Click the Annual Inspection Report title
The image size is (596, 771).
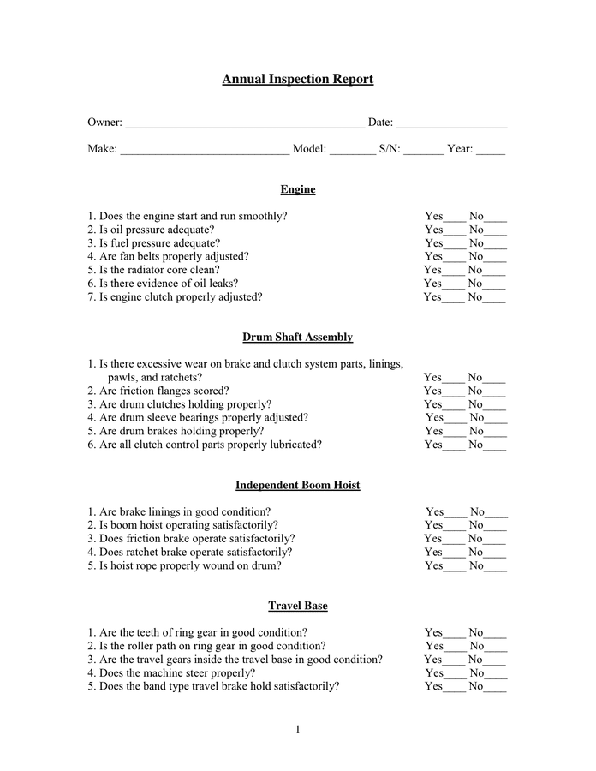(x=297, y=80)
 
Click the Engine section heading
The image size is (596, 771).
(x=297, y=189)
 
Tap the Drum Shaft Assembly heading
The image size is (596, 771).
(x=297, y=338)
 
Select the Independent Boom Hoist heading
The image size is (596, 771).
(x=297, y=485)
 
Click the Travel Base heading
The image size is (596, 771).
(x=297, y=606)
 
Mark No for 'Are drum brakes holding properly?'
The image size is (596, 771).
(x=496, y=433)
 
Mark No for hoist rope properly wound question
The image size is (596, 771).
(x=496, y=567)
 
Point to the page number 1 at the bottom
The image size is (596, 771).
(x=298, y=730)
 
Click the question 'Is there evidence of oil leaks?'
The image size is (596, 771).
(x=169, y=284)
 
